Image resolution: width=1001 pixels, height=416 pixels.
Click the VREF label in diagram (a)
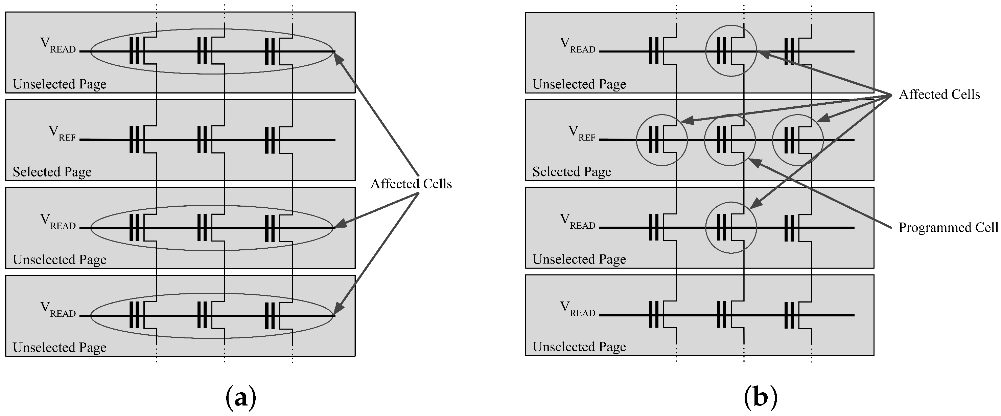[x=62, y=133]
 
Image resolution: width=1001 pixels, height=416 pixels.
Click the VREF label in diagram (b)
[x=582, y=133]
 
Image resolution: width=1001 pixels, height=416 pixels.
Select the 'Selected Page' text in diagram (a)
[x=52, y=172]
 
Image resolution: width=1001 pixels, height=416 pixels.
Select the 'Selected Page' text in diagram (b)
[x=572, y=172]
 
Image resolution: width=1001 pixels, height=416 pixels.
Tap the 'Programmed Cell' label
[x=948, y=227]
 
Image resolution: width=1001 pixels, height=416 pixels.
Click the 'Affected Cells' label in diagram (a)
[x=411, y=184]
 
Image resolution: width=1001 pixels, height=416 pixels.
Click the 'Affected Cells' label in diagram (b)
[x=939, y=94]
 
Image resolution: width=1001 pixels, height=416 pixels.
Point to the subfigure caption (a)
[x=241, y=397]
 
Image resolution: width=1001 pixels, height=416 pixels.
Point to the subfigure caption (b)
[x=761, y=397]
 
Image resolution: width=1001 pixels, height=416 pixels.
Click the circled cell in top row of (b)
[x=731, y=51]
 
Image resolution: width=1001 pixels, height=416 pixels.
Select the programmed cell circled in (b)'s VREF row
[x=730, y=140]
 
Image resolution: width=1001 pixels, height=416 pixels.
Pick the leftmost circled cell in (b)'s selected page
[x=662, y=140]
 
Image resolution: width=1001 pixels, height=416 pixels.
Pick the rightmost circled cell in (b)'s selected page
[x=798, y=140]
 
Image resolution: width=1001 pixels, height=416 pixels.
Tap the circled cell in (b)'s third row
[x=731, y=228]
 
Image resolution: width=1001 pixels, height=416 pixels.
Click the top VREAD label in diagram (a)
[x=58, y=45]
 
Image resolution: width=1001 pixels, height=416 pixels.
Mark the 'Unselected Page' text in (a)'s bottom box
[x=60, y=347]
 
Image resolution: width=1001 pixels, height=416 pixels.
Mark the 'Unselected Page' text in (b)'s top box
[x=579, y=84]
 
